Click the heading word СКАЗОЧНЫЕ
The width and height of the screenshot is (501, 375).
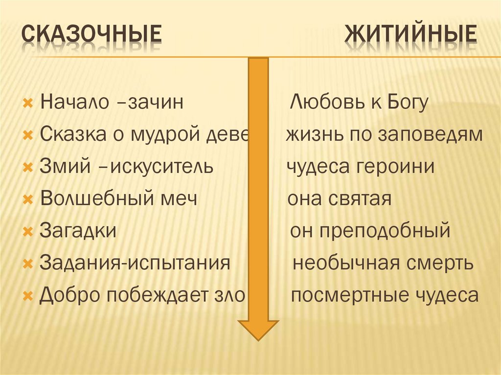coord(92,37)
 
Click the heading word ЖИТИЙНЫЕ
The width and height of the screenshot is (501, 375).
coord(411,37)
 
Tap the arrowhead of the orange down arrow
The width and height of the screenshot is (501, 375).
coord(258,330)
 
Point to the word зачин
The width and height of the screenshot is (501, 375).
coord(157,103)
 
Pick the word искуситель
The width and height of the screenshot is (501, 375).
coord(162,167)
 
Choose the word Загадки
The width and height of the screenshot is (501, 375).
coord(78,230)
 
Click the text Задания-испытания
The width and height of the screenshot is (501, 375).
coord(135,263)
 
